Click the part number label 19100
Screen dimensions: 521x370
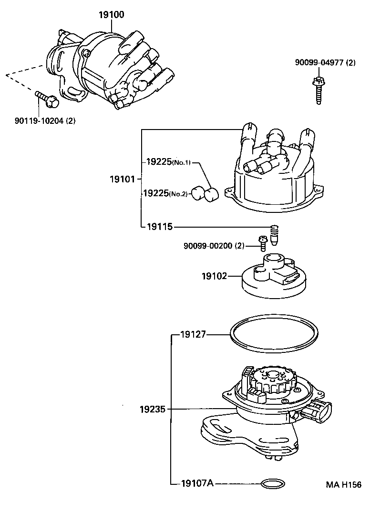click(111, 15)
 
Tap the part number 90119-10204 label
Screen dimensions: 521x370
click(45, 120)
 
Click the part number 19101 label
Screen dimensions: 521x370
click(123, 179)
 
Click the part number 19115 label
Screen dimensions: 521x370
click(159, 227)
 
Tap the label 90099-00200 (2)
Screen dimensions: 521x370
click(214, 246)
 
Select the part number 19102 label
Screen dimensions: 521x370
click(214, 276)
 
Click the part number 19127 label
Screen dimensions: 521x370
click(193, 334)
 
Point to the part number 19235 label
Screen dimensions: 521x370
click(153, 409)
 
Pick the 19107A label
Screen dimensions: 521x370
click(197, 483)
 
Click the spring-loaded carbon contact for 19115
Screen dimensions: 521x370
click(275, 235)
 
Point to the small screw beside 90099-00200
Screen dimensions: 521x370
click(262, 242)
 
